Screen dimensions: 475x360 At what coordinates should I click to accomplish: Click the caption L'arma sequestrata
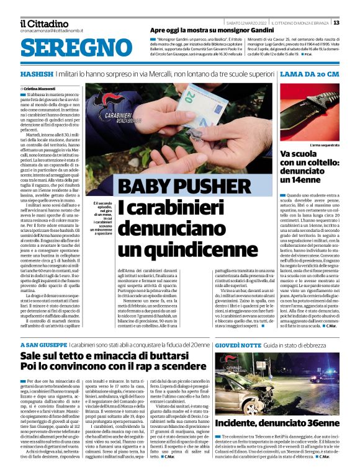[324, 144]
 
